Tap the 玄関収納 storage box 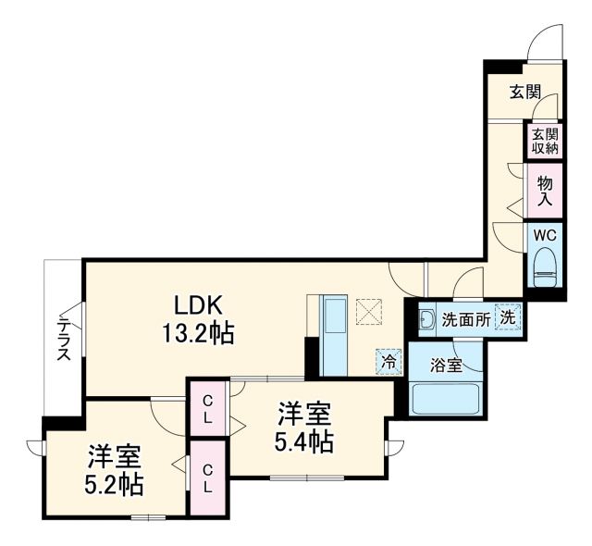point(538,142)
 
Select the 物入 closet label point(544,191)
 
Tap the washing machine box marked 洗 point(508,317)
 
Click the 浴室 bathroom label point(447,365)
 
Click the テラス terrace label point(64,338)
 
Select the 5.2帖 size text point(115,483)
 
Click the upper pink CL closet point(208,408)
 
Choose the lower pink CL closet point(208,478)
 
